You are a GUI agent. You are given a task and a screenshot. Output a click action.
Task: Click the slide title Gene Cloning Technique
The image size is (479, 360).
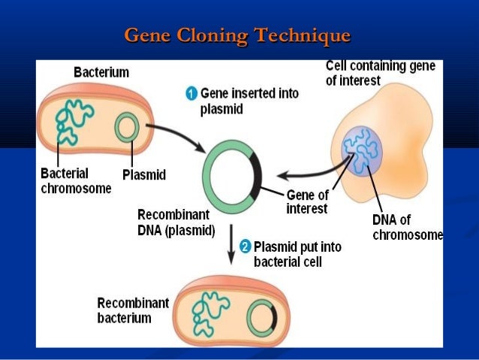(237, 35)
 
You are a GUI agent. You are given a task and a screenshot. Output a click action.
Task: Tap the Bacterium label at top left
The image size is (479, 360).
(101, 72)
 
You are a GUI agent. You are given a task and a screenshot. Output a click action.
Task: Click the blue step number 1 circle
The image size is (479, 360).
(191, 94)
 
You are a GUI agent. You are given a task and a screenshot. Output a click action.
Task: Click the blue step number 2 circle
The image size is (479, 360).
(245, 247)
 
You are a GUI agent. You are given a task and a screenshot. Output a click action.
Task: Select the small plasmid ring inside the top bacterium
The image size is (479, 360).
(125, 127)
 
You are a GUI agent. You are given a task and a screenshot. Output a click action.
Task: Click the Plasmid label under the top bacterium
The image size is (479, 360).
(143, 175)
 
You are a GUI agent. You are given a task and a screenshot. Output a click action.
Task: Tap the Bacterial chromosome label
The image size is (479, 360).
(75, 181)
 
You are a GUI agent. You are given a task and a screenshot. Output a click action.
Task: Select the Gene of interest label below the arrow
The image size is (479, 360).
(307, 201)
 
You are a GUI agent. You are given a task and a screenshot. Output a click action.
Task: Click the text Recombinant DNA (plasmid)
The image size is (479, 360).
(176, 222)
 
